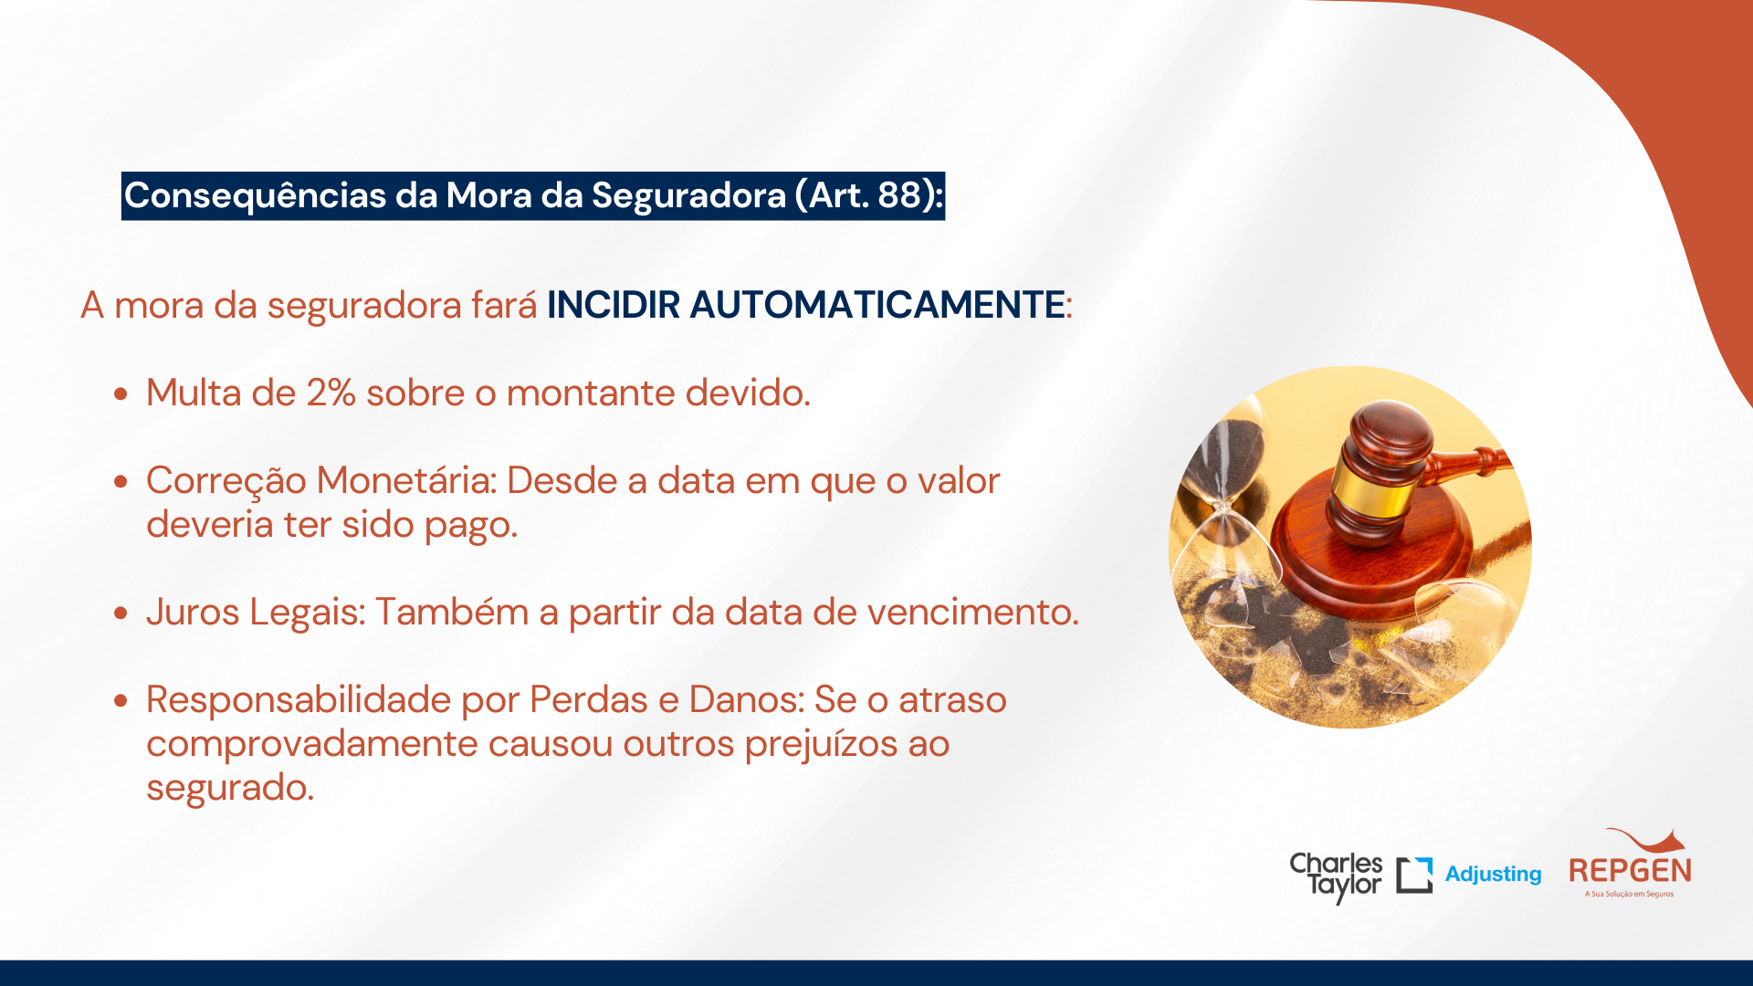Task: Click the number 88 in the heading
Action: (899, 195)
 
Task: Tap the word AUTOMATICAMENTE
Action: (877, 305)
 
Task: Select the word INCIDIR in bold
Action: (614, 305)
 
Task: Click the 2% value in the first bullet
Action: (331, 393)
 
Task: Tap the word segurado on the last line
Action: (229, 788)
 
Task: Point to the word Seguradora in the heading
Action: (688, 196)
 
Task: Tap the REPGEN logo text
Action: (1630, 871)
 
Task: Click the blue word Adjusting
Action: (1493, 875)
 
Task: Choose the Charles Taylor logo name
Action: (1336, 876)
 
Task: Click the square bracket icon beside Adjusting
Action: (1414, 875)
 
